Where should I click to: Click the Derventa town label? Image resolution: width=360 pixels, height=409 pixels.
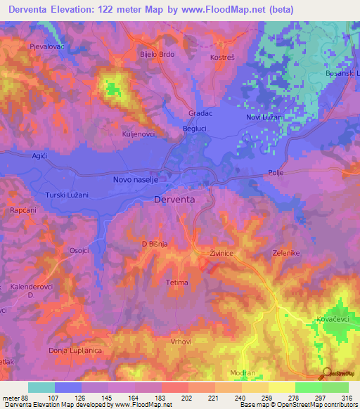point(174,200)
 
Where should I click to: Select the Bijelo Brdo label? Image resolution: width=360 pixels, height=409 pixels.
point(157,53)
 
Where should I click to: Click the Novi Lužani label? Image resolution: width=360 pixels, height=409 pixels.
point(264,117)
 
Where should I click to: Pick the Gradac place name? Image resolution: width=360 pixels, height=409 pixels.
point(200,113)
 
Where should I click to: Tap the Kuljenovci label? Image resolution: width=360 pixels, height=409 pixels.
point(143,131)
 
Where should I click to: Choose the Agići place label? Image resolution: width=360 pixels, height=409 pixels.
point(39,155)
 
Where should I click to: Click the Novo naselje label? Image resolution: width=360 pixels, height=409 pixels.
point(139,181)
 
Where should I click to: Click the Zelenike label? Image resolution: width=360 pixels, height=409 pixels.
point(286,252)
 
